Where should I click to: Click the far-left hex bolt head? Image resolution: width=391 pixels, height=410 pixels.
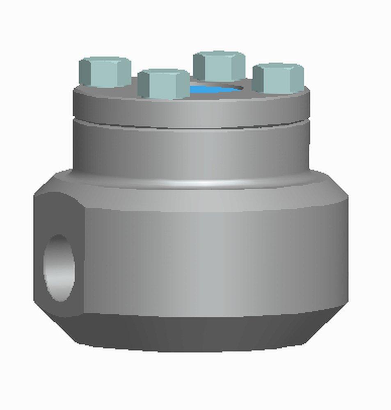pyautogui.click(x=105, y=73)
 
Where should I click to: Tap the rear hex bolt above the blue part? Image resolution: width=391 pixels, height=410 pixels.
pyautogui.click(x=219, y=66)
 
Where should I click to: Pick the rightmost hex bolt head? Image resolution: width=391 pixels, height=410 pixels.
pyautogui.click(x=278, y=79)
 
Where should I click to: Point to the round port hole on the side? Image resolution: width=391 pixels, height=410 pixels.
pyautogui.click(x=59, y=269)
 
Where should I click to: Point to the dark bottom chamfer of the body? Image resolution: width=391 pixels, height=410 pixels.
pyautogui.click(x=205, y=334)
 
